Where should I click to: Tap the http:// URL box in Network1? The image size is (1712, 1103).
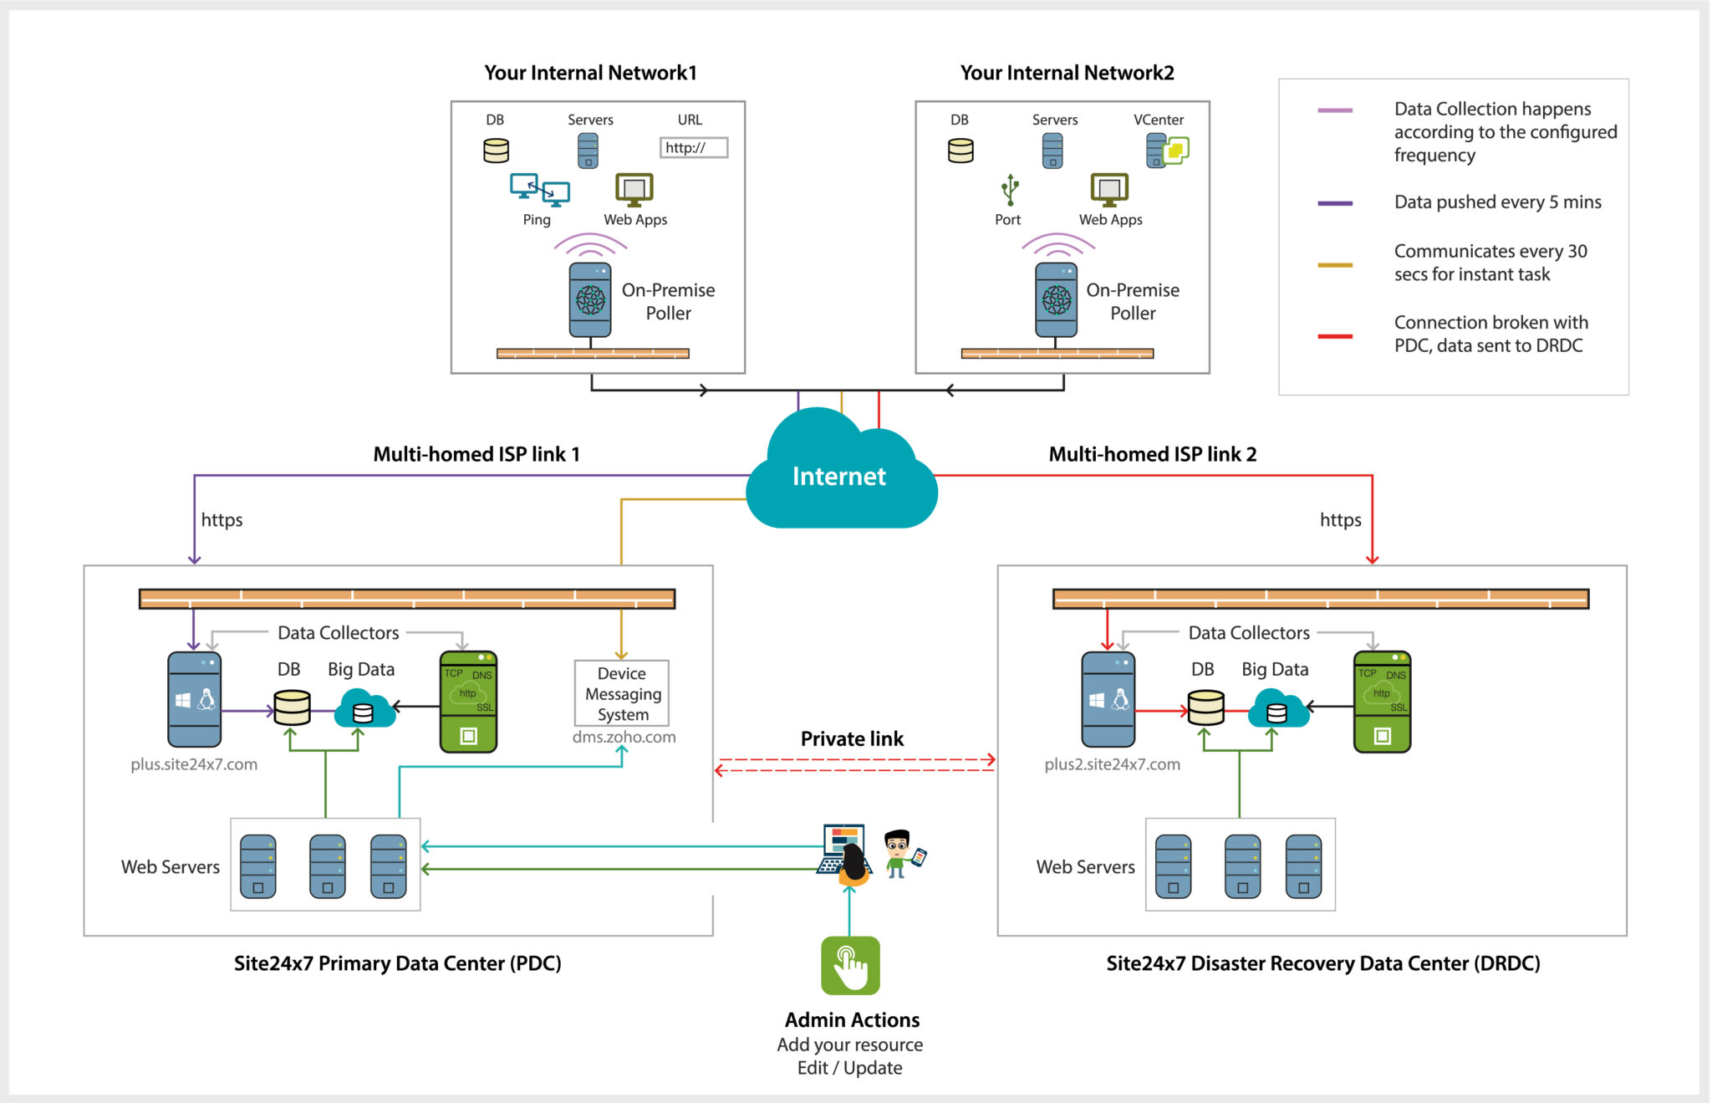click(x=693, y=148)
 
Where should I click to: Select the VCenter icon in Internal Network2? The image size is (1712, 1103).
click(x=1167, y=151)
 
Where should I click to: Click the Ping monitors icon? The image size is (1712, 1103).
click(x=540, y=190)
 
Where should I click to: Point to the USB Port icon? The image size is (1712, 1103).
click(x=1010, y=190)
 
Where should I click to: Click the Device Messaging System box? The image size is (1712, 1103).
click(x=622, y=693)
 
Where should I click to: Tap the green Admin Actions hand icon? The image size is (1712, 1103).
click(x=850, y=965)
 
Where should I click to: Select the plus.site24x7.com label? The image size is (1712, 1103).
click(x=194, y=764)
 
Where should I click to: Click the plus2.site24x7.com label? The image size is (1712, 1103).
click(x=1112, y=764)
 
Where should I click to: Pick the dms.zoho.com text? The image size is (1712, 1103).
click(x=624, y=737)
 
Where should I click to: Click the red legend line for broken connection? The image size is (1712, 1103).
click(x=1335, y=336)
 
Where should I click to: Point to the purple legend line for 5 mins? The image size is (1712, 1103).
click(x=1335, y=203)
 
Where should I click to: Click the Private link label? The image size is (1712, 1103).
click(x=852, y=738)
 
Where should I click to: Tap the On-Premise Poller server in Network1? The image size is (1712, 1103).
click(x=590, y=299)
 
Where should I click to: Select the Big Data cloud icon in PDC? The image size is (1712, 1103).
click(x=364, y=708)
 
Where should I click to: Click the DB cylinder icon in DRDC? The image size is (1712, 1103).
click(x=1206, y=707)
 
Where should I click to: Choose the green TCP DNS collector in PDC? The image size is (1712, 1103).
click(x=468, y=702)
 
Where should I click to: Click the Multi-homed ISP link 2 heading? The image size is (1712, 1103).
click(x=1152, y=454)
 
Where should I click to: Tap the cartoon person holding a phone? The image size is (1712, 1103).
click(x=901, y=853)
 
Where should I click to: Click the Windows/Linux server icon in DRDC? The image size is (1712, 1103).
click(x=1108, y=699)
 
